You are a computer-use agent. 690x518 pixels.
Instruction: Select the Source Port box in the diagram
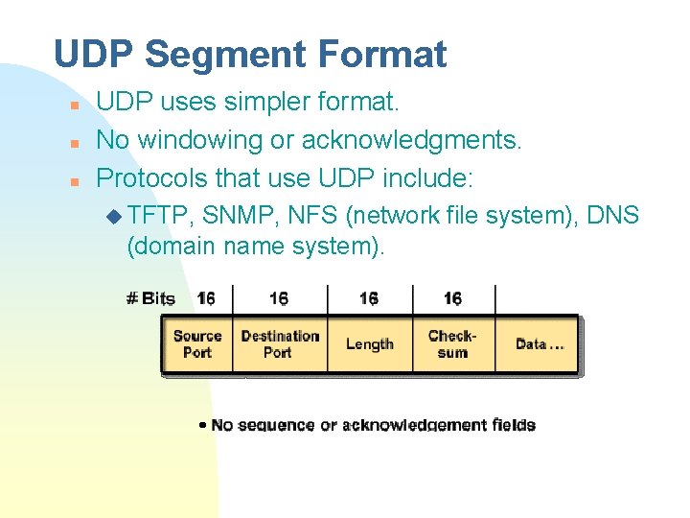click(x=196, y=344)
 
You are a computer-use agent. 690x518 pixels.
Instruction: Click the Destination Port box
click(x=279, y=344)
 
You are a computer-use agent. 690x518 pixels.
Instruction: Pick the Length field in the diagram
click(x=369, y=344)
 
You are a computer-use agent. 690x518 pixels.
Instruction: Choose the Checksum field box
click(x=452, y=344)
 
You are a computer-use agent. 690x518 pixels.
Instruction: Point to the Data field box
click(x=539, y=344)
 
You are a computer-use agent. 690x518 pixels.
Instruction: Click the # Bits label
click(x=150, y=298)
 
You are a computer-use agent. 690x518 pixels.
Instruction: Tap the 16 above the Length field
click(x=369, y=298)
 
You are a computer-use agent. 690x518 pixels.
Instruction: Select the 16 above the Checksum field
click(x=452, y=298)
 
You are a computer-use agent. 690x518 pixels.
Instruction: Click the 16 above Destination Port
click(x=279, y=298)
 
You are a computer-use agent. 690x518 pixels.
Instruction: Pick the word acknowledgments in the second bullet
click(x=412, y=141)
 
